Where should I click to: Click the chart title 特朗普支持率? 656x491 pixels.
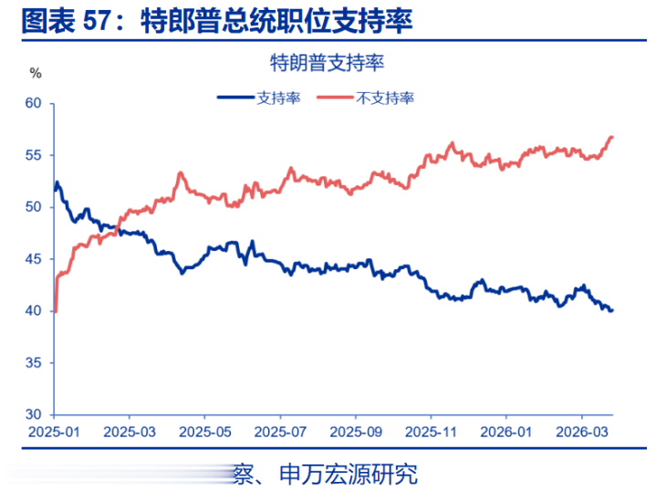(326, 63)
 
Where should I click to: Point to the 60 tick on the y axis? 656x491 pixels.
(34, 103)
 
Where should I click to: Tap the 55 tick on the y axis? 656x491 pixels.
(34, 155)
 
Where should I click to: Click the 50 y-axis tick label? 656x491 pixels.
(34, 207)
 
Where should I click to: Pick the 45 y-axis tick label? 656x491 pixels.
(34, 259)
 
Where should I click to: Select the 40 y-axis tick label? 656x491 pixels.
(34, 311)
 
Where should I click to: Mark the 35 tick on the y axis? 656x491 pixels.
(34, 363)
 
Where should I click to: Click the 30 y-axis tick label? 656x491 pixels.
(34, 415)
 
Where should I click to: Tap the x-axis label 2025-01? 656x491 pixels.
(54, 431)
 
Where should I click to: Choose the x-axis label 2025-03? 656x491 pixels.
(130, 431)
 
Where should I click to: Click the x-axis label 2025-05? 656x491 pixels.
(205, 431)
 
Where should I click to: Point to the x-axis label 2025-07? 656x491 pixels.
(281, 431)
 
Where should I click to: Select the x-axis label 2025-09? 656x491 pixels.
(357, 431)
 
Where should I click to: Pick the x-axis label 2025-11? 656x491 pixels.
(432, 431)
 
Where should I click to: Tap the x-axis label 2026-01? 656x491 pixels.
(508, 431)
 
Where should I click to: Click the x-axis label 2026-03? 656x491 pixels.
(582, 431)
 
